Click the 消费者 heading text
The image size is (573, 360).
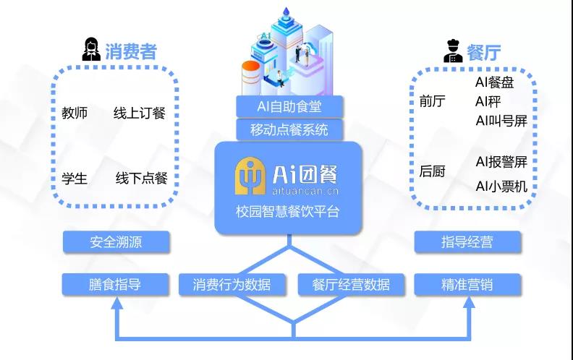(131, 51)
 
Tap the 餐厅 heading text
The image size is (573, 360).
(484, 52)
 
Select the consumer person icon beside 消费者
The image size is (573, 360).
(91, 50)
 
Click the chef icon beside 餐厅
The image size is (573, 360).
(453, 51)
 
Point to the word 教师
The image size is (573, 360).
(75, 113)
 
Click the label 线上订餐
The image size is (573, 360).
(140, 113)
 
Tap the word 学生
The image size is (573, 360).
(75, 178)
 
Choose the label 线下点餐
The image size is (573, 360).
(141, 178)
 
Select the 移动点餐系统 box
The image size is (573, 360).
(289, 130)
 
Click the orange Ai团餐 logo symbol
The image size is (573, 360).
(250, 174)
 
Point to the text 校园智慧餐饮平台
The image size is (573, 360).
(287, 212)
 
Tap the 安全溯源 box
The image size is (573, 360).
(116, 242)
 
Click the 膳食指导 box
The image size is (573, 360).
(116, 284)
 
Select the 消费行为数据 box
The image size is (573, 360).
(232, 284)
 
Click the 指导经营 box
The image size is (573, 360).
(467, 242)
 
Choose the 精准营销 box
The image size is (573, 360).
(467, 284)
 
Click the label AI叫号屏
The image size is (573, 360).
(501, 121)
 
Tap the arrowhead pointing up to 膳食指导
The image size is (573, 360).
(116, 303)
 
